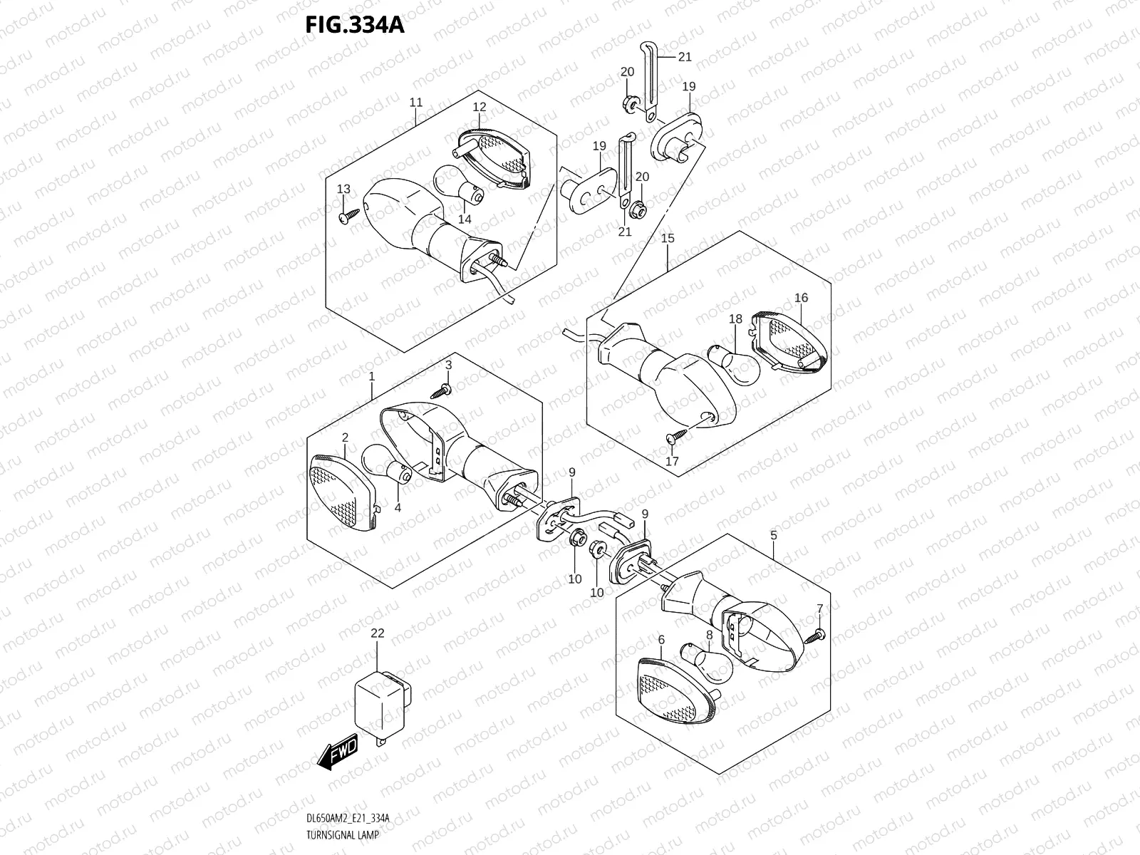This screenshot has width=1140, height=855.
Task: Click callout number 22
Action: (378, 633)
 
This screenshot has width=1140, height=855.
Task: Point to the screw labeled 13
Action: (348, 216)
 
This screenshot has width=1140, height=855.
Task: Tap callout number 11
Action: (416, 103)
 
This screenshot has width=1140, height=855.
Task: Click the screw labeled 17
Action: (673, 437)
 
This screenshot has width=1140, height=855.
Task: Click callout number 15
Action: (668, 238)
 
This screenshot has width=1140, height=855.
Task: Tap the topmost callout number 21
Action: (685, 56)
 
